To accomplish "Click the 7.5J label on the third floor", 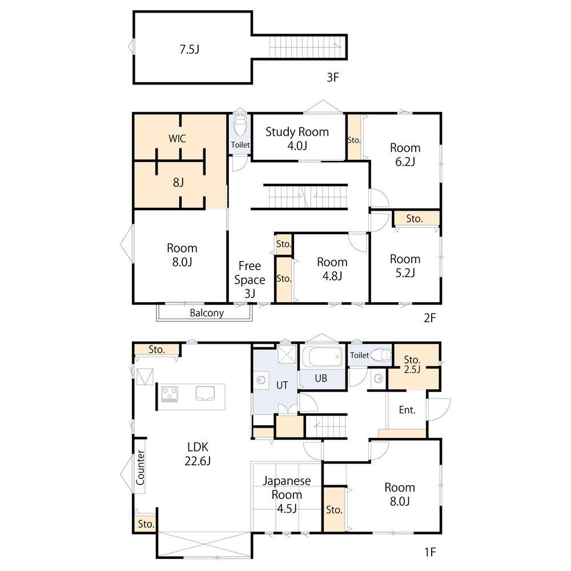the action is [x=190, y=50].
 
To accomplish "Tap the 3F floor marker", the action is [x=332, y=77].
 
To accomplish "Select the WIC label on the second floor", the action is [x=178, y=138].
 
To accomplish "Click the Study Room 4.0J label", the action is [x=297, y=139].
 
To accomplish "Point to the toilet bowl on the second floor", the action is [x=240, y=126].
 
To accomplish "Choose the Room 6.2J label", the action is [x=405, y=155].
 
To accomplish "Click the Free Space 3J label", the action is [x=250, y=279].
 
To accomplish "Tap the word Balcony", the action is [x=207, y=313].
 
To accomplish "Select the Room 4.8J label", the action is [x=332, y=269].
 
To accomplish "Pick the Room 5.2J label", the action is [x=405, y=266].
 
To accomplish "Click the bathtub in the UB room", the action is [x=322, y=357].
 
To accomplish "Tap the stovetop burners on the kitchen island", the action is [x=170, y=394].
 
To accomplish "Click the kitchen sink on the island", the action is [x=205, y=393].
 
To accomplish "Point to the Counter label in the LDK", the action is [x=140, y=468].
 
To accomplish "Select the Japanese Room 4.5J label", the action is [x=287, y=494].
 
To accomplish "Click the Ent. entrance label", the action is [x=407, y=410].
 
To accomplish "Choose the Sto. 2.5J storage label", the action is [x=412, y=364].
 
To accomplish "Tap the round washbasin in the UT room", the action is [x=261, y=380].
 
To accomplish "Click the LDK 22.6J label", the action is [x=198, y=454].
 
